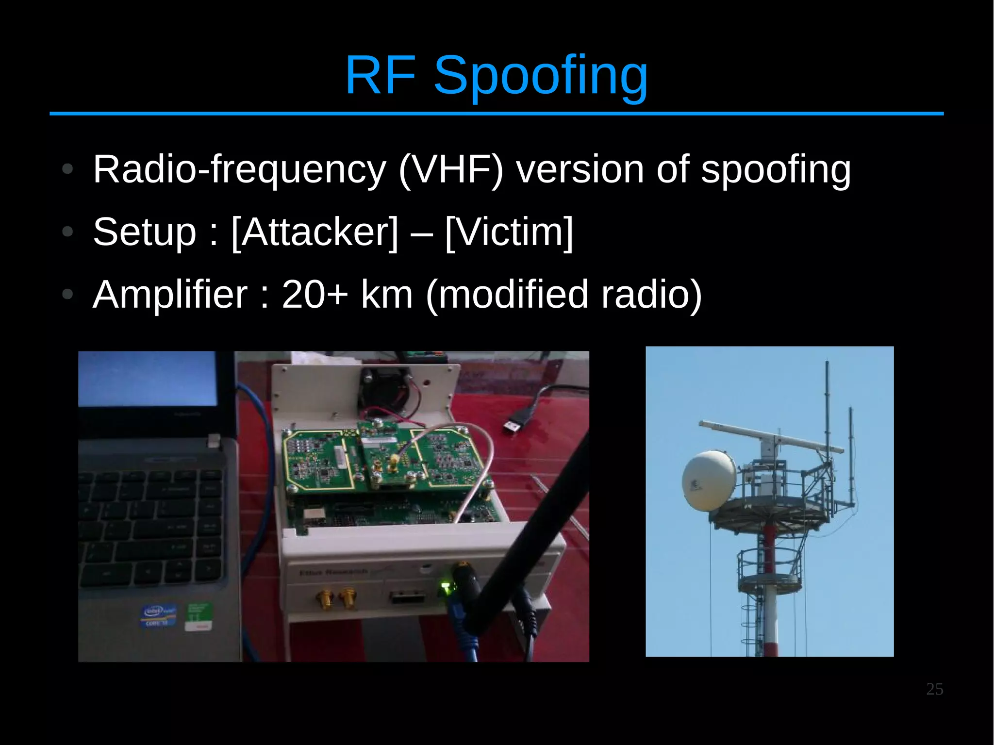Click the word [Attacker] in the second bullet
coord(315,232)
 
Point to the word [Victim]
coord(509,232)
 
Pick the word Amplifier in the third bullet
coord(170,294)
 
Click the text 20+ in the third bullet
coord(315,294)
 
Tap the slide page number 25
coord(934,689)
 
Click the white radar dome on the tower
coord(709,480)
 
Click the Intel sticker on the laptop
coord(158,614)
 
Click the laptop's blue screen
coord(148,379)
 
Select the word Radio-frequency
coord(239,170)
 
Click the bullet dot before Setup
coord(68,232)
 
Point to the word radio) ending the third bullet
coord(651,294)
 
